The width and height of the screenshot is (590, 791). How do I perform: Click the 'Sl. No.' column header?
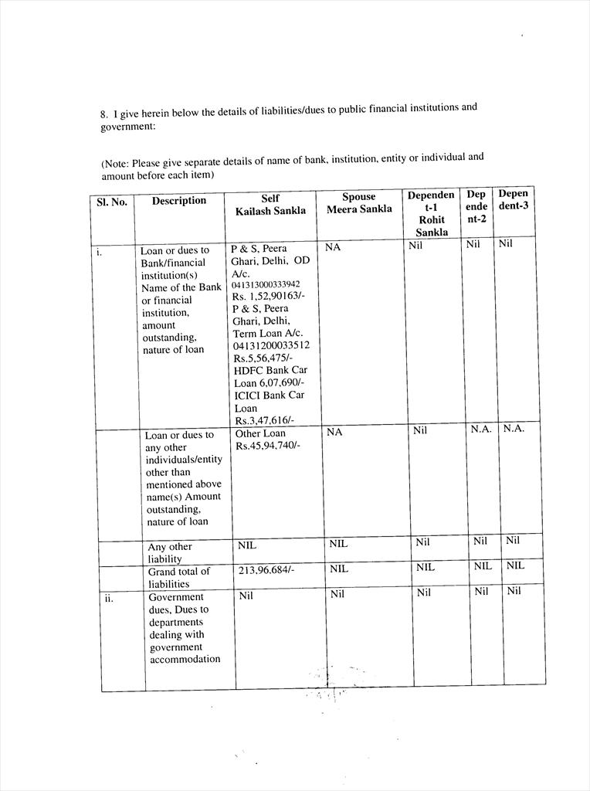coord(112,202)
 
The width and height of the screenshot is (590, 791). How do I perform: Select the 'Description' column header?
coord(179,201)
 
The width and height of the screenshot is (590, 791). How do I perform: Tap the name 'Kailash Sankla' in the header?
coord(270,211)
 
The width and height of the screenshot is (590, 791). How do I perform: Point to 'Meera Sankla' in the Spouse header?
coord(359,209)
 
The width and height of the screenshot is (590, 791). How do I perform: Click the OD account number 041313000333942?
coord(266,284)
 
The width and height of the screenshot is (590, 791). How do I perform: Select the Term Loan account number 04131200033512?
coord(270,345)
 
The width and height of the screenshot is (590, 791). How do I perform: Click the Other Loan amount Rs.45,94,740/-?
coord(267,446)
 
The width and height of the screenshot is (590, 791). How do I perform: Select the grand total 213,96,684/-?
coord(266,570)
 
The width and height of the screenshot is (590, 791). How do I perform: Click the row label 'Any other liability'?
coord(170,552)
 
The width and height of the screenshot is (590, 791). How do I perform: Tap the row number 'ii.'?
coord(110,597)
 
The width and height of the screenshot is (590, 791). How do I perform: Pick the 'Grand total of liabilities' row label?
coord(178,578)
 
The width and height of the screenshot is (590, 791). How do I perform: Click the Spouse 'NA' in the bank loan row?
coord(334,248)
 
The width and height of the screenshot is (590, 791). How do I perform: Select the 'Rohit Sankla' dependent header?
coord(431,226)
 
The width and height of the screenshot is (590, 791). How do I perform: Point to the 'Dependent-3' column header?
coord(514,200)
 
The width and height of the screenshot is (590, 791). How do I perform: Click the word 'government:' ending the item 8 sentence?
coord(128,126)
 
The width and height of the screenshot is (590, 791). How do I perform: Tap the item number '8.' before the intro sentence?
coord(104,114)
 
